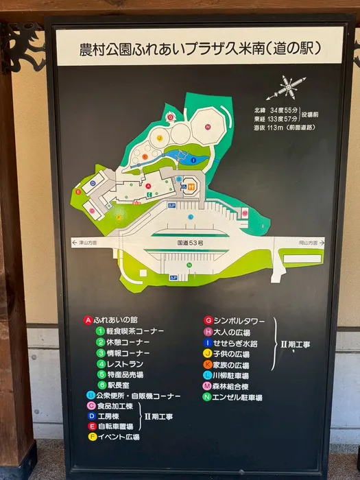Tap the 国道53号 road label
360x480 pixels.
click(191, 243)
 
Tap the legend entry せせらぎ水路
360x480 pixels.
click(235, 342)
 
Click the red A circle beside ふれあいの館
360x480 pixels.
click(88, 320)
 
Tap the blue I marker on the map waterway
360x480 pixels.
click(193, 160)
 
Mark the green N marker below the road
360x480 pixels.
click(188, 265)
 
